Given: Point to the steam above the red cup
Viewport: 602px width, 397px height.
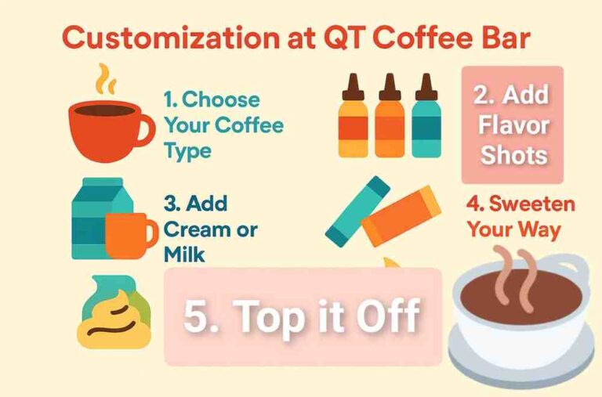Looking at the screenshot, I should point(105,79).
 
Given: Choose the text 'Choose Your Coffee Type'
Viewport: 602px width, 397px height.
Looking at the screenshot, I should point(223,125).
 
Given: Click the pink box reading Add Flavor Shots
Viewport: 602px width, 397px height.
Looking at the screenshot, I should point(512,125).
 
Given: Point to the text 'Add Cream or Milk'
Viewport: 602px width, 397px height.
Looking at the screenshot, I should point(209,229).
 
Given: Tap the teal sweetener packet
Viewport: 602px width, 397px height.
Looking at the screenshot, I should point(357,211).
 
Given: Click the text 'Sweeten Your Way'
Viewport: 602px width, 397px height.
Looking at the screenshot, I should point(520,217).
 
